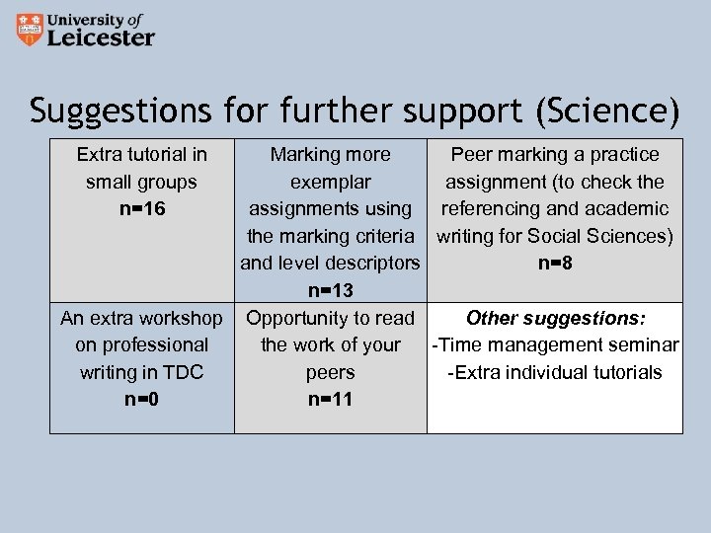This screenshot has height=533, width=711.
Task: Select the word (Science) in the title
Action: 607,111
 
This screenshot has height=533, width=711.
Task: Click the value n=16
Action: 141,209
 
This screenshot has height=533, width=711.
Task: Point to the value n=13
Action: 330,291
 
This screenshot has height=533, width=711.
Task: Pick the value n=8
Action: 554,264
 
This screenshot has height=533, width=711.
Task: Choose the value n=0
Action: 141,400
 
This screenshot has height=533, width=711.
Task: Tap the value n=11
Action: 330,400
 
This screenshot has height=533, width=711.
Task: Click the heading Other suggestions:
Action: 555,318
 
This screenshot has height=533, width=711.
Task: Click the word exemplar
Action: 330,182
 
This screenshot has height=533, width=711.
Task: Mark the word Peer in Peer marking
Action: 469,154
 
